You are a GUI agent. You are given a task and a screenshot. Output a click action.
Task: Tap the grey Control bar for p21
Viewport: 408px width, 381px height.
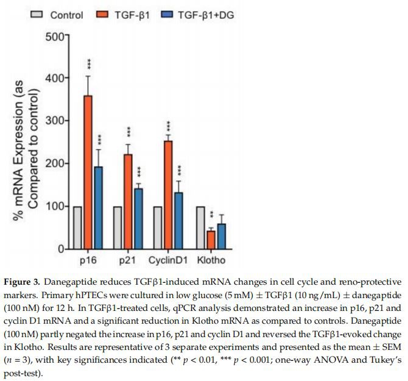118,227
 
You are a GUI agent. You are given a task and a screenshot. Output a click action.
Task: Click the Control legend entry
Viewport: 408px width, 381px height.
57,15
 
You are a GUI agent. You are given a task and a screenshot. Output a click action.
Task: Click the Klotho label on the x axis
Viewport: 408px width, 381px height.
212,261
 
